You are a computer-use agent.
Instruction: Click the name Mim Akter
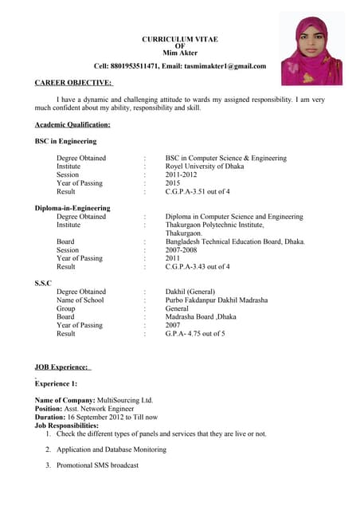point(179,53)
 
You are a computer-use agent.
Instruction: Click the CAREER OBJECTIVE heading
point(74,82)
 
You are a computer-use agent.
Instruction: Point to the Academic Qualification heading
point(72,124)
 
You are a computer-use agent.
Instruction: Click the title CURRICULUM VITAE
point(179,39)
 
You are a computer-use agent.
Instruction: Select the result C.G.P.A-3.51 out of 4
point(198,192)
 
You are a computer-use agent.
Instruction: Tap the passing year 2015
point(173,183)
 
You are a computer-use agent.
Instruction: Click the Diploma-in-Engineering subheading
point(72,208)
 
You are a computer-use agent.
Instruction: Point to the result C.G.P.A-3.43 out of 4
point(198,267)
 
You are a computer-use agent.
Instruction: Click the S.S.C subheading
point(43,284)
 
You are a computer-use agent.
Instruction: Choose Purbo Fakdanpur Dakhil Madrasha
point(216,300)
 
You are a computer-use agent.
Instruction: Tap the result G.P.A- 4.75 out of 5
point(195,334)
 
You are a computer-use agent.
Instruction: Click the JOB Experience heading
point(63,367)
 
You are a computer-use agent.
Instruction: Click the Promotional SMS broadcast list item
point(98,465)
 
